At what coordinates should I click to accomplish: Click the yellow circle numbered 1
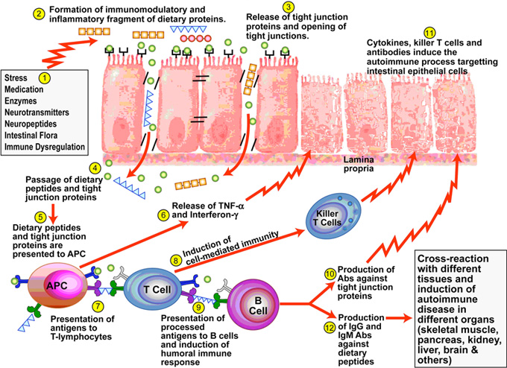pos(44,77)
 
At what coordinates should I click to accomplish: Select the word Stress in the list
pos(16,78)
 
